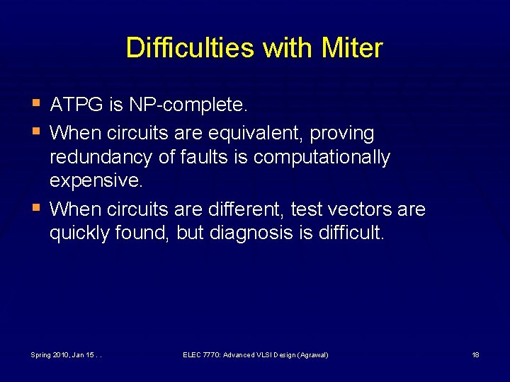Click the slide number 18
tap(475, 354)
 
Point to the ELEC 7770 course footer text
tap(256, 354)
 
